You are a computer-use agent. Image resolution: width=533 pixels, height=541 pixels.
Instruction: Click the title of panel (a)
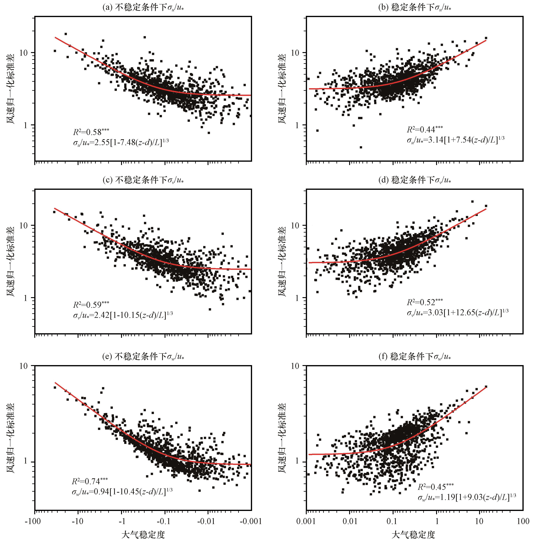click(x=143, y=8)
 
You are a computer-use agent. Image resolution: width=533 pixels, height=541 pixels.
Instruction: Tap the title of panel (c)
click(x=143, y=180)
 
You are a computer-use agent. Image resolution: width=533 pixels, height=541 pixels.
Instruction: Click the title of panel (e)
click(x=143, y=356)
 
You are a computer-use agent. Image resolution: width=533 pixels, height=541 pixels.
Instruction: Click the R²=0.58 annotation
click(x=91, y=132)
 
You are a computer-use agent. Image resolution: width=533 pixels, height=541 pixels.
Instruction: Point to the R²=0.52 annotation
click(x=425, y=302)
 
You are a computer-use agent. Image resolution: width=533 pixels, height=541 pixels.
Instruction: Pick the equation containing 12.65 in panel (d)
click(x=457, y=313)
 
